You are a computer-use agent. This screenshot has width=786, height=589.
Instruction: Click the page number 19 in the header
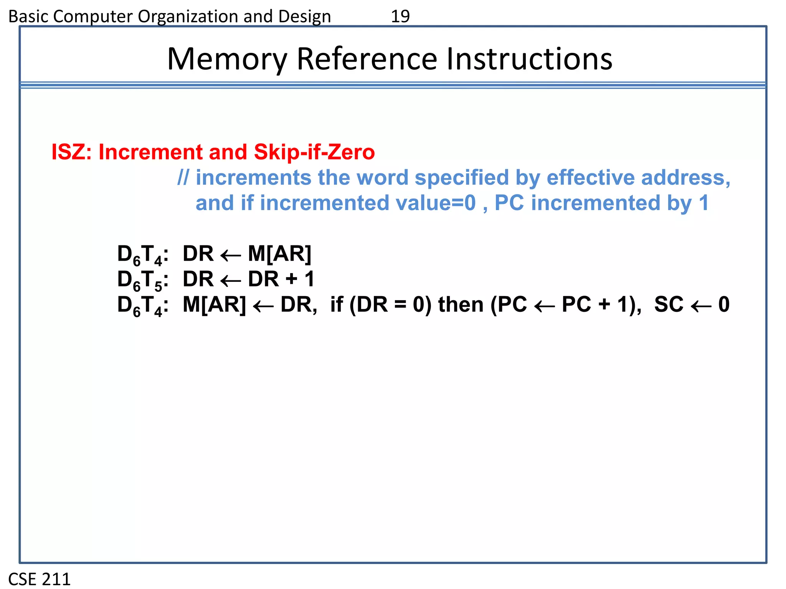coord(400,16)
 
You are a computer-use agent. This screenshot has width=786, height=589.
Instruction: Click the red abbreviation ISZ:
coord(71,152)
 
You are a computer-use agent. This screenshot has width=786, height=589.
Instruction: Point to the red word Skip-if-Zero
coord(314,152)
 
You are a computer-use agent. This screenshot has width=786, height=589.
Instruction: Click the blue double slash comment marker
coord(183,178)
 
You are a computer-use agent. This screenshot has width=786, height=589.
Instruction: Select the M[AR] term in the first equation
coord(279,254)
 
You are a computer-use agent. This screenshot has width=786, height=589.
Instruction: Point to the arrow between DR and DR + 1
coord(231,280)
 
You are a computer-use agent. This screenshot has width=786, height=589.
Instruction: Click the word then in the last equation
coord(461,304)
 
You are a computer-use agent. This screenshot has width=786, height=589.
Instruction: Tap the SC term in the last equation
coord(669,304)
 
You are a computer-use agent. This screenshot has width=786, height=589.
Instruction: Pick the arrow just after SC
coord(701,306)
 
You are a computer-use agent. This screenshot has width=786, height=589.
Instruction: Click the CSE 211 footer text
coord(40,579)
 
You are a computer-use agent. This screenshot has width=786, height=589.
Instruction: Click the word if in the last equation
coord(337,304)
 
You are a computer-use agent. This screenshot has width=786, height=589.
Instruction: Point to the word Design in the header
coord(305,16)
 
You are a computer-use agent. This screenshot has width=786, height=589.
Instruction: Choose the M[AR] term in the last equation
coord(214,304)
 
